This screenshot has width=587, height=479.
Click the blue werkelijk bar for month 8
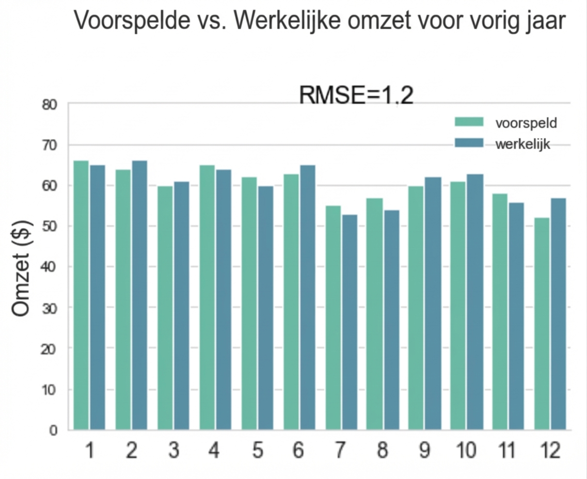391,320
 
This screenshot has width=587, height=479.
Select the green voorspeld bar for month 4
207,297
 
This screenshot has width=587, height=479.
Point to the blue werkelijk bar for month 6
307,297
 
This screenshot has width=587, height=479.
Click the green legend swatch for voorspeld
469,122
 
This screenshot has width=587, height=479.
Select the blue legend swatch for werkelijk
469,143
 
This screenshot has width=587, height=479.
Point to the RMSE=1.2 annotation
356,96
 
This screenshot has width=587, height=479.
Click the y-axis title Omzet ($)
22,268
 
